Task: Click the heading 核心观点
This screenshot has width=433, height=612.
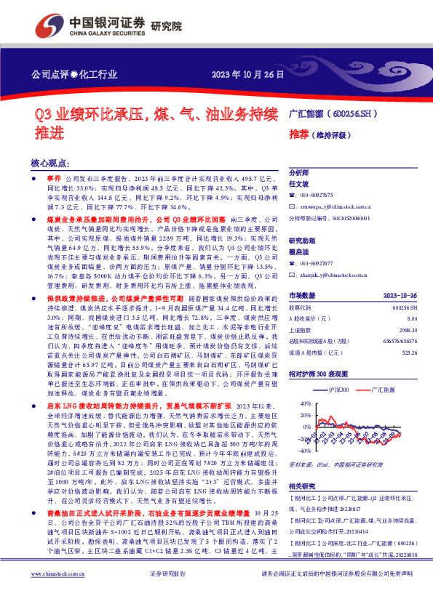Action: tap(50, 164)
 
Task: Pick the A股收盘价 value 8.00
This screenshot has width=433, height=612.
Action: tap(392, 318)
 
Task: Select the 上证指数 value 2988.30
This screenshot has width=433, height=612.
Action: tap(388, 329)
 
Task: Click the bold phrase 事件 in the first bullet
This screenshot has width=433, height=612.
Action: tap(55, 178)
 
